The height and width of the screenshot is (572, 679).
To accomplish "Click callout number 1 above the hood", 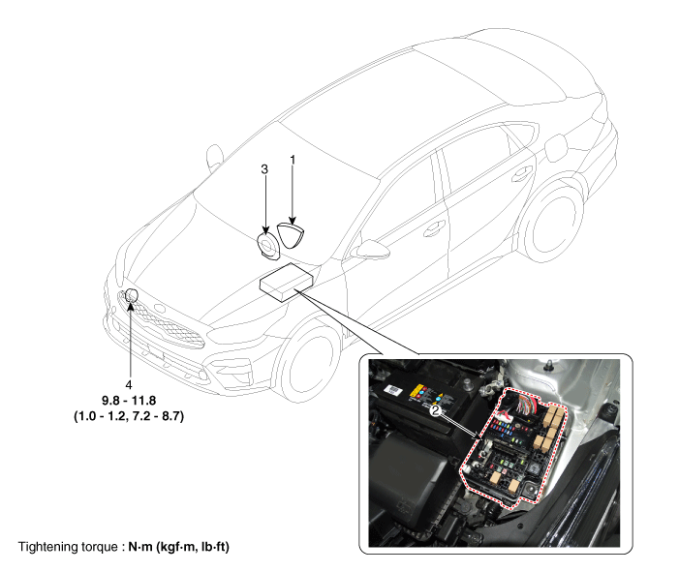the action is pyautogui.click(x=293, y=160).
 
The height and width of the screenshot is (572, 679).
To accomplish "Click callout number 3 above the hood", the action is pyautogui.click(x=264, y=169).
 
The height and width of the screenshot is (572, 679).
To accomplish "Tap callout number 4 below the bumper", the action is pyautogui.click(x=129, y=384).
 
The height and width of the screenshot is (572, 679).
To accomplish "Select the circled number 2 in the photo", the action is pyautogui.click(x=435, y=410).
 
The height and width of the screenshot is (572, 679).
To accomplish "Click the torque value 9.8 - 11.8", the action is pyautogui.click(x=129, y=401).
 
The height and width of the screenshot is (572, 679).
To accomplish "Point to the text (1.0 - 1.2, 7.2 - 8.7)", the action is pyautogui.click(x=129, y=416).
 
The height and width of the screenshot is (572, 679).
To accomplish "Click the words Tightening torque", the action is pyautogui.click(x=68, y=547).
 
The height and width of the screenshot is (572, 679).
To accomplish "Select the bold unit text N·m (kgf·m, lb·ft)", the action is pyautogui.click(x=178, y=547).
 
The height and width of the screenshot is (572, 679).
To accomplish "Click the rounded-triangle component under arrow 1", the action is pyautogui.click(x=291, y=235).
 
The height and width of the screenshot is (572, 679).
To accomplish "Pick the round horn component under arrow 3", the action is pyautogui.click(x=268, y=248).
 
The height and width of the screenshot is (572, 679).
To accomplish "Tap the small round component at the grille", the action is pyautogui.click(x=131, y=295).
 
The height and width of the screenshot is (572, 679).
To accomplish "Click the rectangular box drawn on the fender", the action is pyautogui.click(x=286, y=282).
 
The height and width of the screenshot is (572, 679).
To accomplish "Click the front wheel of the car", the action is pyautogui.click(x=308, y=362).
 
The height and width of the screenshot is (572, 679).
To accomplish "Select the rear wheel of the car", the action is pyautogui.click(x=553, y=224).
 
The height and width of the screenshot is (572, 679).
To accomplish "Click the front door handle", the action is pyautogui.click(x=434, y=228).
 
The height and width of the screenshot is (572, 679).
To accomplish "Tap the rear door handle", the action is pyautogui.click(x=522, y=173).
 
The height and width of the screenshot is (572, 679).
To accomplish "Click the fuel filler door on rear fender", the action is pyautogui.click(x=556, y=148).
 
